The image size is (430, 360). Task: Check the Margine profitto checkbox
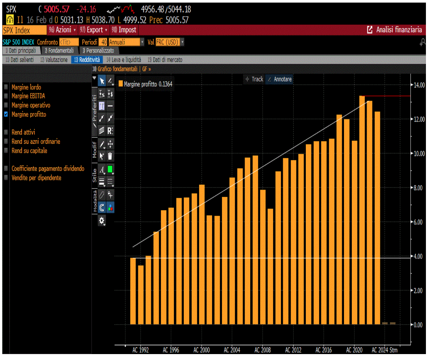(x=6, y=114)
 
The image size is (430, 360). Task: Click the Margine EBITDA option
(x=28, y=96)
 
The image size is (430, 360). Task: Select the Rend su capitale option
(x=29, y=151)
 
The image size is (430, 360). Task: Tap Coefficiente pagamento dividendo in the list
(x=48, y=169)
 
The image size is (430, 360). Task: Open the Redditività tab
(x=87, y=60)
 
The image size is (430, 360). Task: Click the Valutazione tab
(x=54, y=60)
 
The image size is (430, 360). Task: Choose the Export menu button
(x=93, y=30)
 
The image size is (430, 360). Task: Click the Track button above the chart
(x=255, y=79)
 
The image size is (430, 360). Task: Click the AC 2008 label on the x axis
(x=263, y=350)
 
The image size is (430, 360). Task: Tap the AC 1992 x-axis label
(x=140, y=350)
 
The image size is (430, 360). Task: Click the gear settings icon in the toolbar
(x=102, y=220)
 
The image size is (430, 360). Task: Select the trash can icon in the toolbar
(x=110, y=156)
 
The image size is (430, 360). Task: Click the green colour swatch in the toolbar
(x=110, y=169)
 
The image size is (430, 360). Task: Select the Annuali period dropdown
(x=126, y=42)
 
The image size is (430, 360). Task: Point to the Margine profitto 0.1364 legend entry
(x=145, y=84)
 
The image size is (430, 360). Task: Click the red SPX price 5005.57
(x=56, y=10)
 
